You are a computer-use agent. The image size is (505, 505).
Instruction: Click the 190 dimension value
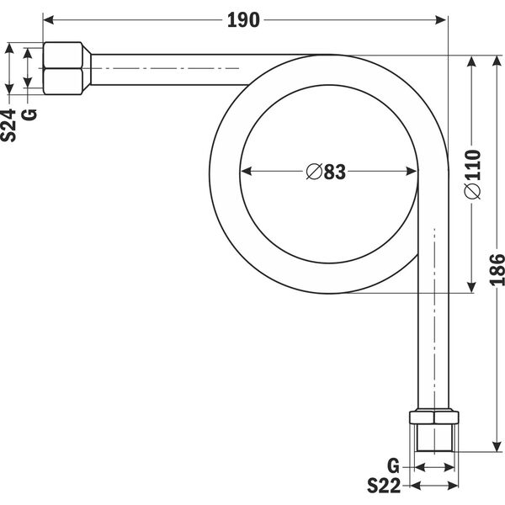(243, 20)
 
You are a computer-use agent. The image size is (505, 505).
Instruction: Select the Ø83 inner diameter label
(326, 172)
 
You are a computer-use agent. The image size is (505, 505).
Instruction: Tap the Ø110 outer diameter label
(472, 174)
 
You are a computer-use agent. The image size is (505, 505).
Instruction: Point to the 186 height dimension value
(497, 270)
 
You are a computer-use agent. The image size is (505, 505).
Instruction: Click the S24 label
(8, 125)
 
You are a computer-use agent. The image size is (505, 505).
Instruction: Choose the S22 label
(384, 486)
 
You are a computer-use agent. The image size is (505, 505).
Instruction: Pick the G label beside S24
(29, 115)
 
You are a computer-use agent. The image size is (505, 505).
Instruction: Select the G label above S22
(393, 466)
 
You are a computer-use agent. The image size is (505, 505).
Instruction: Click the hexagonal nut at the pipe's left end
(62, 68)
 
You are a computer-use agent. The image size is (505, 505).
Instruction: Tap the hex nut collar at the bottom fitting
(433, 417)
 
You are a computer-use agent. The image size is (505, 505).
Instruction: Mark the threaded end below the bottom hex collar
(434, 438)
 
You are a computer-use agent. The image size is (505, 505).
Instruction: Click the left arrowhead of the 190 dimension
(48, 20)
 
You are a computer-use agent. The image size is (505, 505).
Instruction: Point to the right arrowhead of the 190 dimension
(440, 20)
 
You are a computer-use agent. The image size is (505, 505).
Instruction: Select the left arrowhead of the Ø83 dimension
(246, 171)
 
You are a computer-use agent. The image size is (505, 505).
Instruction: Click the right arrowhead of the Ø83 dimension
(412, 171)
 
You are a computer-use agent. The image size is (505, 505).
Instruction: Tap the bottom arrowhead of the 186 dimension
(497, 446)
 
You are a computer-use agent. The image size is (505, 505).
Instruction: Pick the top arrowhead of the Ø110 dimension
(471, 61)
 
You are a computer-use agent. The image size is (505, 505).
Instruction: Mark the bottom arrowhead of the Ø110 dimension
(471, 287)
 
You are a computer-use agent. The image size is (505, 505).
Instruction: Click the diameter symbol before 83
(314, 172)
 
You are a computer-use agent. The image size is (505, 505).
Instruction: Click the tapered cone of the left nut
(87, 68)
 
